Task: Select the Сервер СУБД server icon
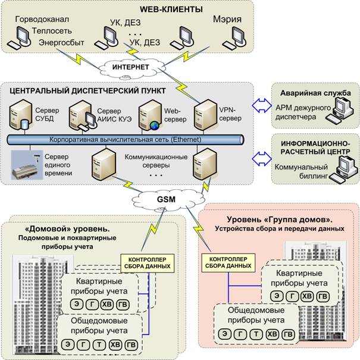click(21, 115)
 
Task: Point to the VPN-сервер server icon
click(206, 115)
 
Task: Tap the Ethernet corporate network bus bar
click(126, 140)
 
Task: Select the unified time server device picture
click(27, 165)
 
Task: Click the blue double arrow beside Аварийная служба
click(262, 105)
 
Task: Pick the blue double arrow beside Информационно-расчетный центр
click(262, 159)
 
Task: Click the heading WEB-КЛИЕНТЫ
click(171, 10)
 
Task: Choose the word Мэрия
click(227, 19)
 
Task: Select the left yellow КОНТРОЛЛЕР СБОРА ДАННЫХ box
click(147, 263)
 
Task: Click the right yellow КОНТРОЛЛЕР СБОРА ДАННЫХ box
click(228, 262)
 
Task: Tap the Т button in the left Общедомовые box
click(99, 345)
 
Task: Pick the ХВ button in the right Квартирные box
click(307, 296)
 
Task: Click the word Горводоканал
click(42, 19)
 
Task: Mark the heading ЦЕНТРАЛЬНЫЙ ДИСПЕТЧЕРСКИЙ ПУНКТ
click(87, 91)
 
